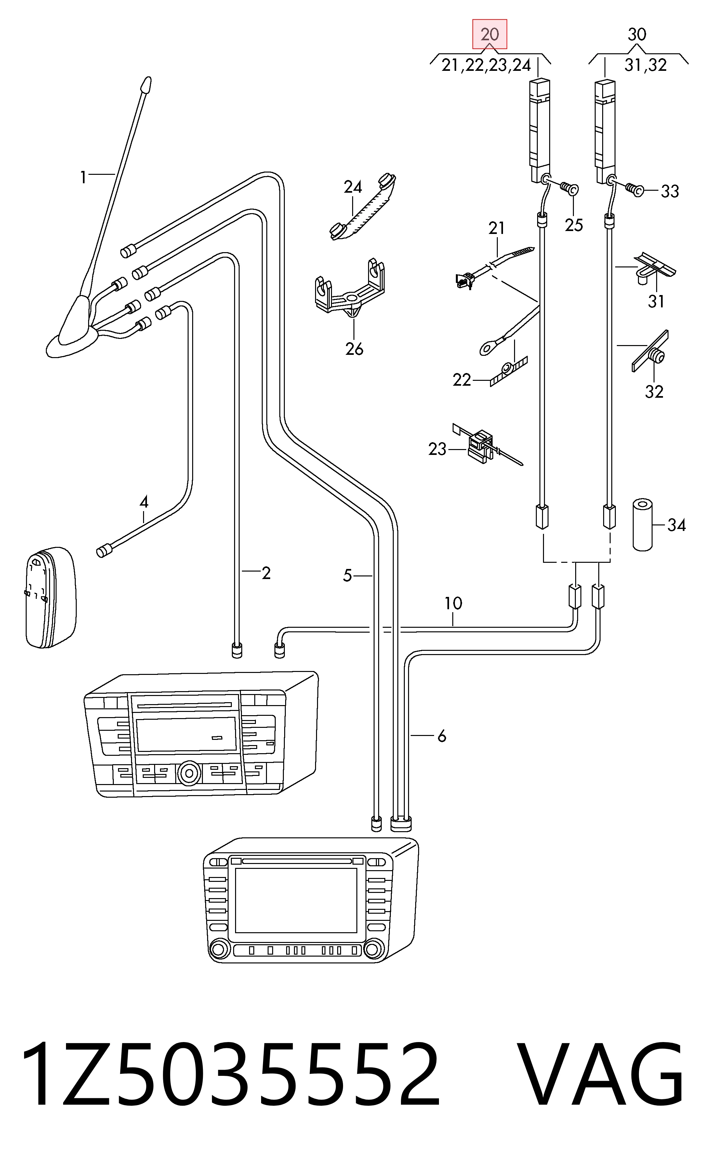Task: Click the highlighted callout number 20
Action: (490, 34)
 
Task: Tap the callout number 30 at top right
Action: (637, 34)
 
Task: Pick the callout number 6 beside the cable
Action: (442, 736)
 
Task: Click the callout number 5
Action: (347, 575)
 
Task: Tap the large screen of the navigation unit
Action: (296, 900)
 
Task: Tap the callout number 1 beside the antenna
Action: (83, 177)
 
